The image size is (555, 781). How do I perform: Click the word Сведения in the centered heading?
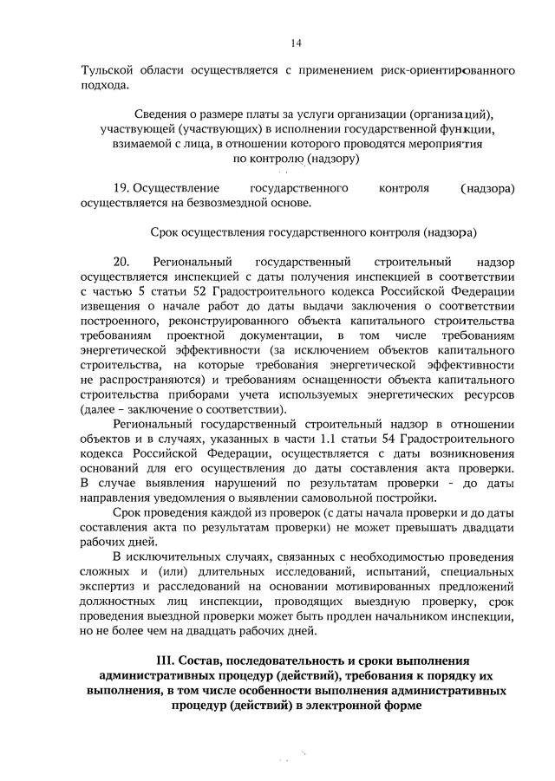pos(165,114)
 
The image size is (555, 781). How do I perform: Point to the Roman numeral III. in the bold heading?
pos(166,661)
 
